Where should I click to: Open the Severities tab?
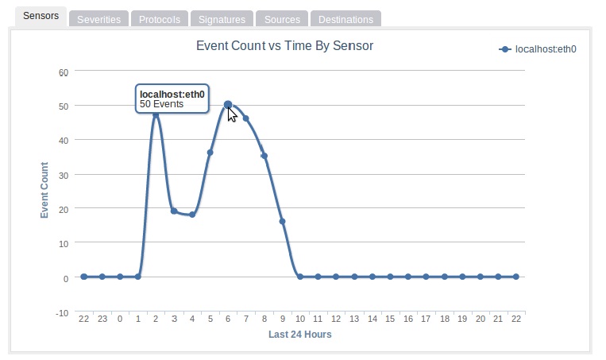click(98, 19)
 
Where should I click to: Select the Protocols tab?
click(159, 19)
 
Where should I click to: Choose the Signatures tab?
click(222, 19)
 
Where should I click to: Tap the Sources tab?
click(282, 19)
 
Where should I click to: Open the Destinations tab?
click(345, 19)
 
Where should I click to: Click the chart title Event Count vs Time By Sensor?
click(284, 46)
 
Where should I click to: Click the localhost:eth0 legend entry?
click(545, 49)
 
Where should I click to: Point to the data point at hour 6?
click(228, 104)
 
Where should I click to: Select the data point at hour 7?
click(246, 118)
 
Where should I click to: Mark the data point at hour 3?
click(174, 211)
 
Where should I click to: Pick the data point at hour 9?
click(282, 221)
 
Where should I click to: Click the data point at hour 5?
click(210, 153)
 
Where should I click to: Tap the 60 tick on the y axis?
click(64, 72)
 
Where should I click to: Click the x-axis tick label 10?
click(299, 319)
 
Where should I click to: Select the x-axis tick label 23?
click(102, 319)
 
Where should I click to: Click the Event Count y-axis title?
click(45, 191)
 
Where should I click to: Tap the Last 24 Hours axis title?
click(299, 335)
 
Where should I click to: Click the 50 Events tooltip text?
click(161, 103)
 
